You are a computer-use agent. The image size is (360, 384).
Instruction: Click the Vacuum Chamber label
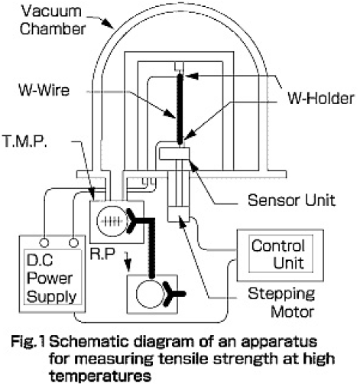[x=53, y=20]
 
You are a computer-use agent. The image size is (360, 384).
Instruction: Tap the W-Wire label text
[x=44, y=90]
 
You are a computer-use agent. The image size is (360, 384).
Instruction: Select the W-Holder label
[x=321, y=99]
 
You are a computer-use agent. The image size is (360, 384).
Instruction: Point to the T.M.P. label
[x=24, y=141]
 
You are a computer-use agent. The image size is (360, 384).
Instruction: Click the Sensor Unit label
[x=291, y=200]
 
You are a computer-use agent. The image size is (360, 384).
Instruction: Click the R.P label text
[x=102, y=254]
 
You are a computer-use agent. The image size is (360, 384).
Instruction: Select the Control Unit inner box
[x=281, y=254]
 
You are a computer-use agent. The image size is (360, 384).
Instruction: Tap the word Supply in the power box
[x=52, y=297]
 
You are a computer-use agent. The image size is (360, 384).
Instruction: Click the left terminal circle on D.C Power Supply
[x=44, y=242]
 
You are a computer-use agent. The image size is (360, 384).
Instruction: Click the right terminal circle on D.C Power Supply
[x=74, y=242]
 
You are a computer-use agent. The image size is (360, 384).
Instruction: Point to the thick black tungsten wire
[x=180, y=109]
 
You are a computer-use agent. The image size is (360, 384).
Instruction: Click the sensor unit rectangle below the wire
[x=174, y=154]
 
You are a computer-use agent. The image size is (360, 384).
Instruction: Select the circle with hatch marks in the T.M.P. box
[x=112, y=221]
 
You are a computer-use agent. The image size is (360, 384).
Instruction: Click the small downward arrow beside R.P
[x=128, y=262]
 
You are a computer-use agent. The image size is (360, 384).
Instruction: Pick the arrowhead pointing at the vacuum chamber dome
[x=109, y=24]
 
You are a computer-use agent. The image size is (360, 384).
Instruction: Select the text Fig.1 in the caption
[x=28, y=342]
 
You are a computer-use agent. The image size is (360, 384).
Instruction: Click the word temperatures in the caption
[x=100, y=376]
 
